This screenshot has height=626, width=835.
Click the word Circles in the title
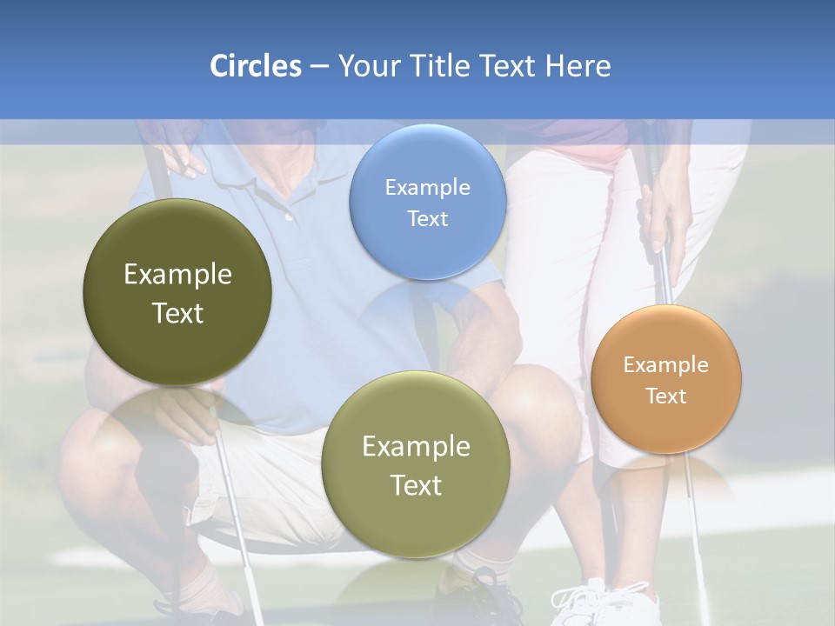(x=255, y=66)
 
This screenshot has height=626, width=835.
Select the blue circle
(x=427, y=202)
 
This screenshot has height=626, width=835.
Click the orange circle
(x=665, y=379)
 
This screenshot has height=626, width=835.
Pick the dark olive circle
(x=177, y=292)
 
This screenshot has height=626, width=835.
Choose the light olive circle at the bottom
(x=415, y=464)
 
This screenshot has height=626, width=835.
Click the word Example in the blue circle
(x=427, y=187)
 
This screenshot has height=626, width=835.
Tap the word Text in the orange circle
(x=666, y=396)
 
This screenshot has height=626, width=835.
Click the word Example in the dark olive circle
(x=177, y=275)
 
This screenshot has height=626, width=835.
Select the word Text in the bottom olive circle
(x=416, y=485)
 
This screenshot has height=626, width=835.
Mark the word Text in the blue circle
(x=427, y=218)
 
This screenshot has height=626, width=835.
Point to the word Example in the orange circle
(x=665, y=364)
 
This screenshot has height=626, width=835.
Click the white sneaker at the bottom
(x=600, y=604)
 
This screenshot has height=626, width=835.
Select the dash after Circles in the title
(x=319, y=66)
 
